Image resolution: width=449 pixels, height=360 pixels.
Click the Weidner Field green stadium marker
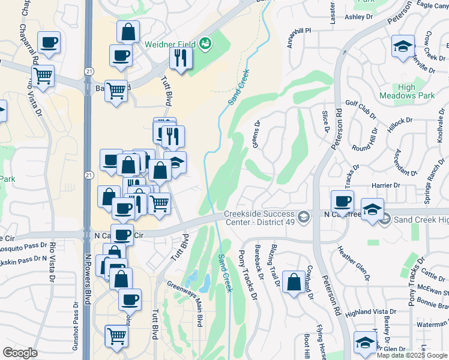206,43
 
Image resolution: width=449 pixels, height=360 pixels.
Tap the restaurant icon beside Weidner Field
179,58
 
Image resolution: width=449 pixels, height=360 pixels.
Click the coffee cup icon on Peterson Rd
342,201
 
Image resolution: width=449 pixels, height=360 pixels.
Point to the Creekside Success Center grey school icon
304,217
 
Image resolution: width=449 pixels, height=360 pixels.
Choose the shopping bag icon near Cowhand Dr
294,283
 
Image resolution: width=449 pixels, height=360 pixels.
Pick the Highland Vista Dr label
367,312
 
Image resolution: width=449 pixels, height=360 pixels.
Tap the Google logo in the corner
20,353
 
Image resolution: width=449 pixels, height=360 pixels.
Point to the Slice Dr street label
327,121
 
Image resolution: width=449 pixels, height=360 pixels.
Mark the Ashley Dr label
359,17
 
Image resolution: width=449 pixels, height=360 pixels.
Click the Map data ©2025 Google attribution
411,355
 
